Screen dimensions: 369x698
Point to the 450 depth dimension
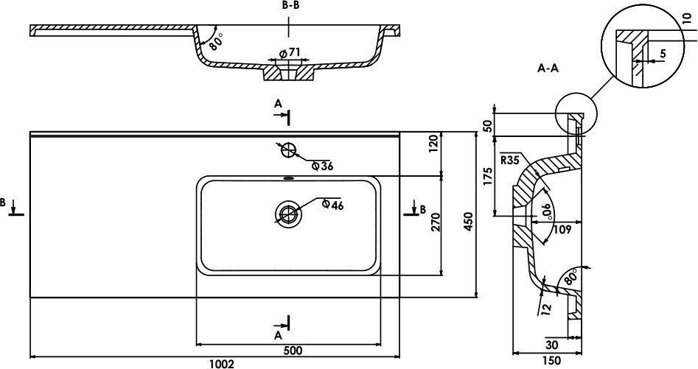(465, 215)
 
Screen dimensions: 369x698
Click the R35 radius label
(510, 158)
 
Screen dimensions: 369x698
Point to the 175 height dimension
(487, 177)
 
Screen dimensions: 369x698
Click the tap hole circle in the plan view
(288, 150)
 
